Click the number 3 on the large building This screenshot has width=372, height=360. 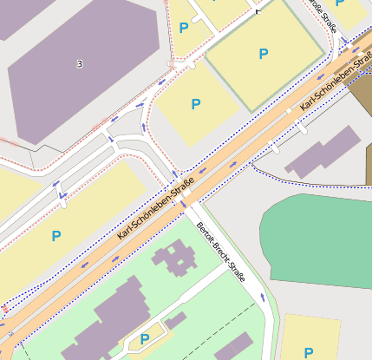[x=80, y=64]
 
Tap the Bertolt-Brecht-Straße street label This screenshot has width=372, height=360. [x=221, y=252]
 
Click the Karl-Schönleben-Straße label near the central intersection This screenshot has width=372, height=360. [x=155, y=209]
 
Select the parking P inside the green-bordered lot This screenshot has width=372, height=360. [x=264, y=55]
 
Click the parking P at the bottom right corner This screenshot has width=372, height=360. [x=308, y=352]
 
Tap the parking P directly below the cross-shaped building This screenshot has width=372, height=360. [x=145, y=339]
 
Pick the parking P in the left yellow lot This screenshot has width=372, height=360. [x=56, y=235]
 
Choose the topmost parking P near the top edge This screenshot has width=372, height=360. [x=183, y=28]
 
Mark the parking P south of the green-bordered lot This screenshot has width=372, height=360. [x=196, y=104]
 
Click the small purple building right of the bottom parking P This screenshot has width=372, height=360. [x=175, y=320]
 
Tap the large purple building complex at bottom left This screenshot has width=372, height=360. [x=104, y=325]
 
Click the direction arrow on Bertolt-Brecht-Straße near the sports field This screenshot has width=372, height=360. [x=262, y=298]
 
